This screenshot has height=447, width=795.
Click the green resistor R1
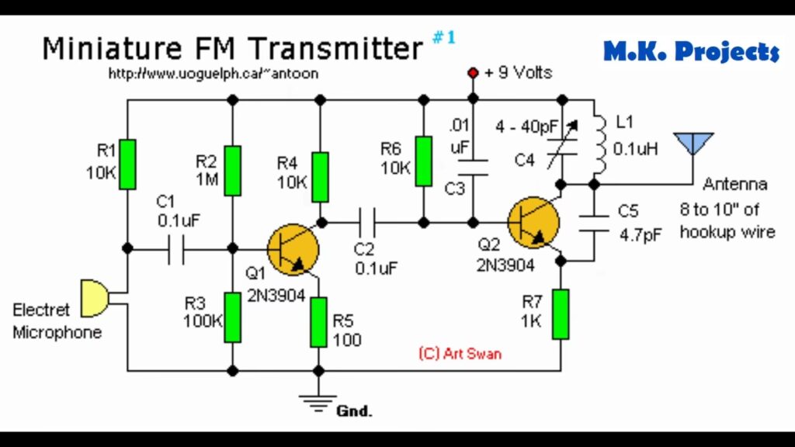(127, 164)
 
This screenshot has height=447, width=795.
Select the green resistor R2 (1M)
(232, 171)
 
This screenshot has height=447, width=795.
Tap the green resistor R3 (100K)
(232, 317)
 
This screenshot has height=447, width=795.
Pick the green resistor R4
(319, 178)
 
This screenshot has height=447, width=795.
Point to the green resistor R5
(318, 322)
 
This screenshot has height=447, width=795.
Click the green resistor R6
(423, 161)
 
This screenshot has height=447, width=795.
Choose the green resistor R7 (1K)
(561, 314)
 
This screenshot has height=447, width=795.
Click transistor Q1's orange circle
(293, 249)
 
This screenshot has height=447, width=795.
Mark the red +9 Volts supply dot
(472, 73)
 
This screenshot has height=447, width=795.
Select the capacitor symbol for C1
(177, 249)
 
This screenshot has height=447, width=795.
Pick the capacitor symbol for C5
(594, 220)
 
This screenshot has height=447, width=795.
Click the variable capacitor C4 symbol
(561, 149)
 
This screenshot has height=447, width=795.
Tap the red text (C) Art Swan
(460, 354)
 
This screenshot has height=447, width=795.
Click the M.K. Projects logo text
(690, 53)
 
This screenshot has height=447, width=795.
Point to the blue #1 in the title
(443, 36)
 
